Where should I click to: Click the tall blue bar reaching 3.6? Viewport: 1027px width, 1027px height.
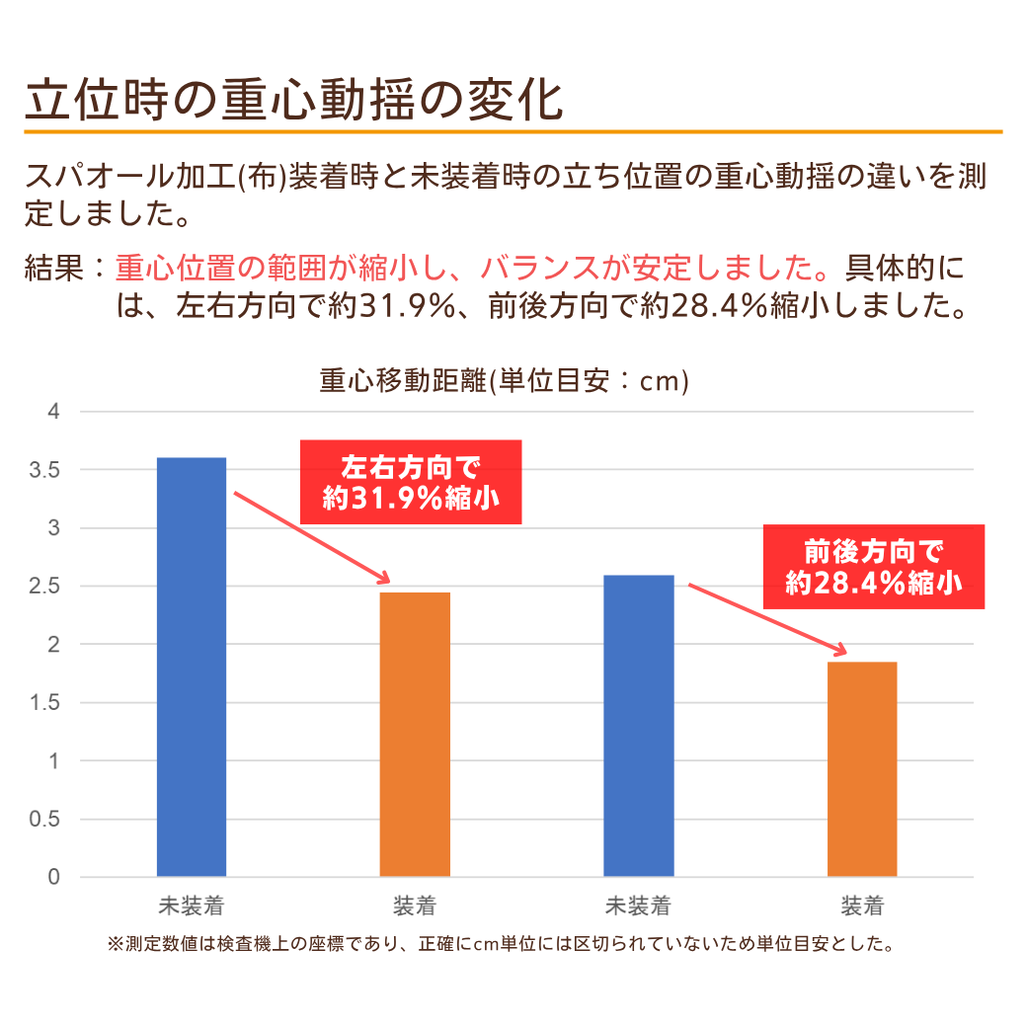tap(192, 667)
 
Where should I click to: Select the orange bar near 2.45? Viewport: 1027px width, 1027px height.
tap(415, 734)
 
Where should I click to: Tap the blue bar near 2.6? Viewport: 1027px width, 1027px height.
tap(639, 726)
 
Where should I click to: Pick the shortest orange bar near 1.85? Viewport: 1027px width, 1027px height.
tap(862, 768)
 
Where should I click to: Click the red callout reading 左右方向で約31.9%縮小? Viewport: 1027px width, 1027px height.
tap(411, 482)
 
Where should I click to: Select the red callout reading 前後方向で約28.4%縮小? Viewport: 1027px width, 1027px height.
tap(874, 567)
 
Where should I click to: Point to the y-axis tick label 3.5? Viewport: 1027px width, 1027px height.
tap(45, 470)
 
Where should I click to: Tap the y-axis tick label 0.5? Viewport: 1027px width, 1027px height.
tap(45, 820)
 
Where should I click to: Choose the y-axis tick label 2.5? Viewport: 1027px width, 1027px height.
tap(45, 587)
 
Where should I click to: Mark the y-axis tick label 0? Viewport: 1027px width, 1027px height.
tap(55, 878)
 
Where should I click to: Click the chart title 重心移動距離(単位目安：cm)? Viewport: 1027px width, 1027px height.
tap(504, 381)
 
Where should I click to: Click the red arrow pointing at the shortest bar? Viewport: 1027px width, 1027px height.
tap(768, 619)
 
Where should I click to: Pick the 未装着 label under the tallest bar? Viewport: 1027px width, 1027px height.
tap(192, 906)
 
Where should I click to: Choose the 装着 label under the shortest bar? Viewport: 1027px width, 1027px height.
tap(862, 906)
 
